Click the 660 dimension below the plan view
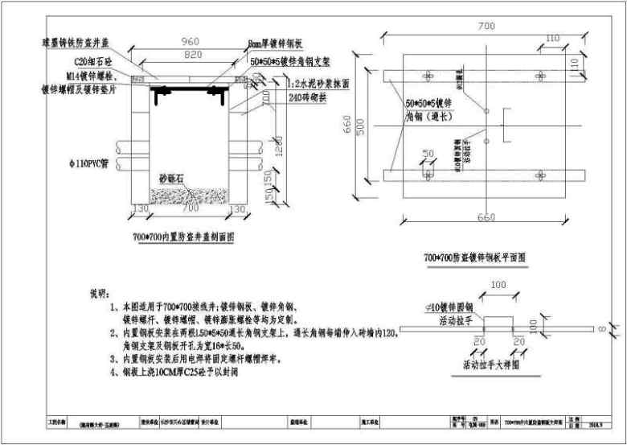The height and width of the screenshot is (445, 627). click(486, 216)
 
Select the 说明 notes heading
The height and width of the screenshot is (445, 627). click(97, 291)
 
